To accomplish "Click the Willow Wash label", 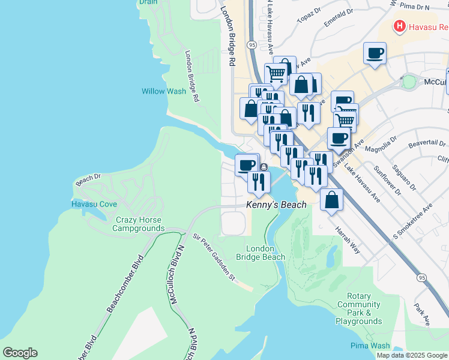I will click(164, 91).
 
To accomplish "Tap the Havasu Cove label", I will click(94, 204).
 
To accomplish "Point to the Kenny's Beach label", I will click(277, 205).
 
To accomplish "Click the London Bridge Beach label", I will click(261, 253).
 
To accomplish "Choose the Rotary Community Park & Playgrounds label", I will click(359, 308).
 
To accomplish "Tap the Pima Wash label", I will click(370, 346).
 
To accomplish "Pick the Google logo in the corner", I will click(20, 353).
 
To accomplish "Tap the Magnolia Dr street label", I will click(384, 145).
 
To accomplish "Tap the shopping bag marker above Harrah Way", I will click(332, 200).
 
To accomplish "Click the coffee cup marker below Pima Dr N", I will click(375, 54).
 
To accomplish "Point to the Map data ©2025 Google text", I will click(412, 355).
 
